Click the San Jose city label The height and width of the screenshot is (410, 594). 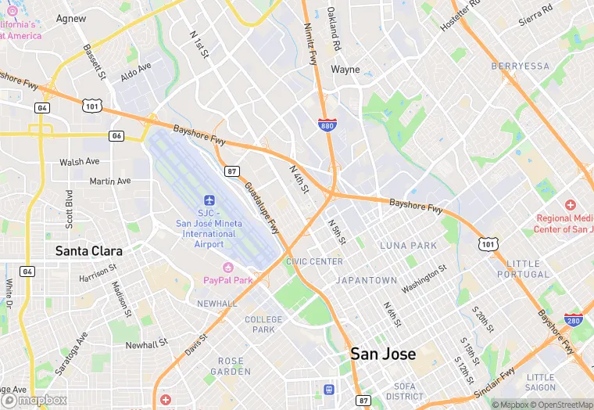383,354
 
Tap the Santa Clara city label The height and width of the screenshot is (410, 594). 88,251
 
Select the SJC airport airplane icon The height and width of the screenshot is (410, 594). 209,200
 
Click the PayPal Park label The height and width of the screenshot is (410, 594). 228,279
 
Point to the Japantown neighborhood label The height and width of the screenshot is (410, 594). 366,279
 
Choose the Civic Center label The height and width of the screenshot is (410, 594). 314,261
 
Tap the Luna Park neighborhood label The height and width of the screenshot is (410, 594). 408,246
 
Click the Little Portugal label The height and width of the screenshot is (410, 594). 528,269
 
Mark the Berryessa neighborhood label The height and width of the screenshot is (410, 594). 521,67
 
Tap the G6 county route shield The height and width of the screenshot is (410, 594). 116,135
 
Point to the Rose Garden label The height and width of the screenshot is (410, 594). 231,366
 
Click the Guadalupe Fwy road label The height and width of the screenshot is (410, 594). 262,207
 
